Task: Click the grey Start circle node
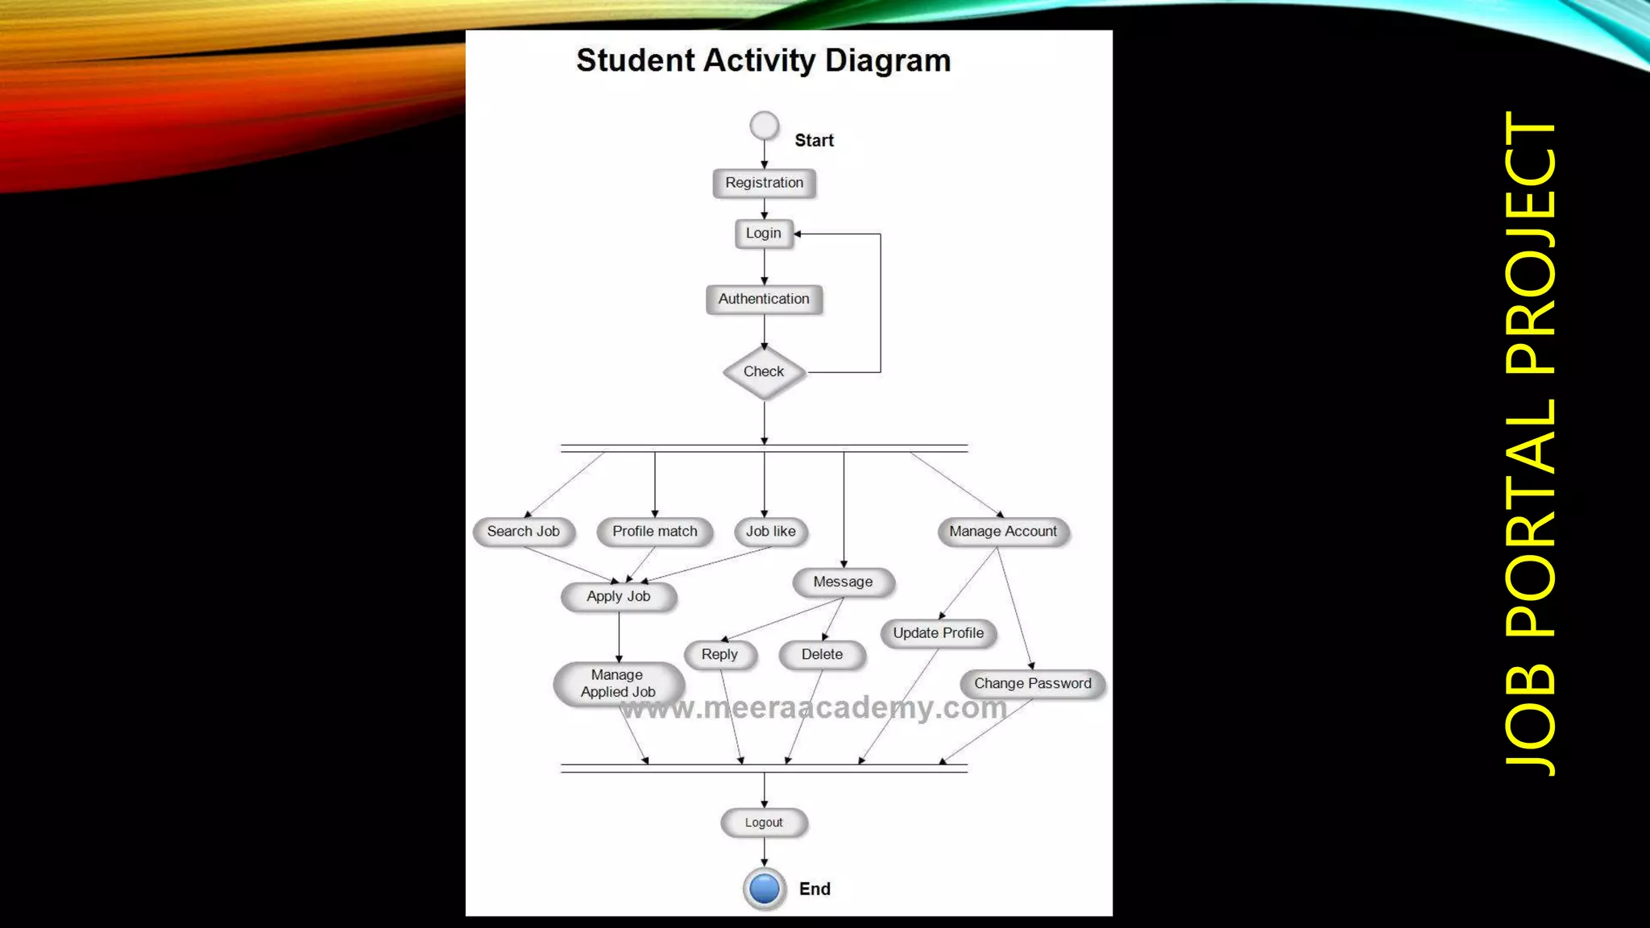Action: coord(764,126)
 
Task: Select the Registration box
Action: coord(764,183)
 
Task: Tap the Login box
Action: coord(764,234)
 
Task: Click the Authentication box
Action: coord(764,299)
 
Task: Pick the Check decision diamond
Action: coord(764,372)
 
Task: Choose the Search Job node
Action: coord(524,532)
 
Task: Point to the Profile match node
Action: coord(655,532)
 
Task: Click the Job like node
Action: coord(771,532)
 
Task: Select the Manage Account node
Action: coord(1003,532)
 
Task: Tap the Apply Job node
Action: coord(619,597)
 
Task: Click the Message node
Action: coord(844,582)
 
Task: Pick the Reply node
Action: coord(720,655)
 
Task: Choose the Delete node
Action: coord(823,655)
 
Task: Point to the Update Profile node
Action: coord(939,633)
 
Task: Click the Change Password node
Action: coord(1033,684)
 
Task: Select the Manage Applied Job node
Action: coord(619,684)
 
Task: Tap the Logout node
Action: coord(764,822)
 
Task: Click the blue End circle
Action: coord(764,889)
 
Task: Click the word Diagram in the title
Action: coord(888,61)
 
